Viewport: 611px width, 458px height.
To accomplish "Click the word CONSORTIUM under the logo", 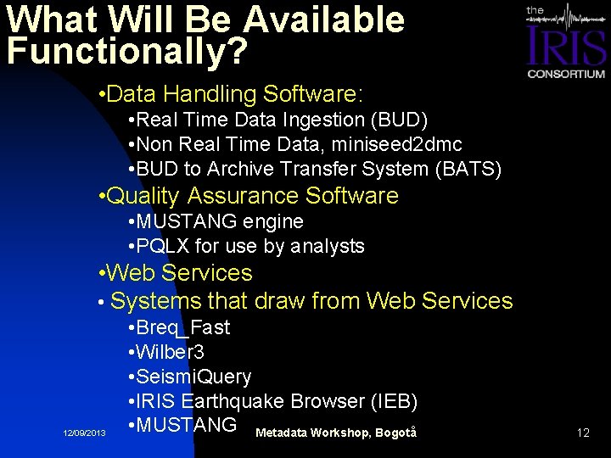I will [x=566, y=74].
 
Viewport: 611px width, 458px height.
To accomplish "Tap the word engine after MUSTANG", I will [x=273, y=221].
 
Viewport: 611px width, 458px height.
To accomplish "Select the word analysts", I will [x=328, y=246].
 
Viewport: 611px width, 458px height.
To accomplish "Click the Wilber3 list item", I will [x=170, y=351].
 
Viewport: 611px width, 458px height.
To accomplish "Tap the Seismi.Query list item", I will [x=193, y=376].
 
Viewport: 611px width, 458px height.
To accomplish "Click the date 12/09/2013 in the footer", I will [x=85, y=433].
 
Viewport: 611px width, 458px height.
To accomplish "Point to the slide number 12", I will [x=583, y=433].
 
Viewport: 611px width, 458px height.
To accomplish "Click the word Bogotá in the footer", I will [x=397, y=433].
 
